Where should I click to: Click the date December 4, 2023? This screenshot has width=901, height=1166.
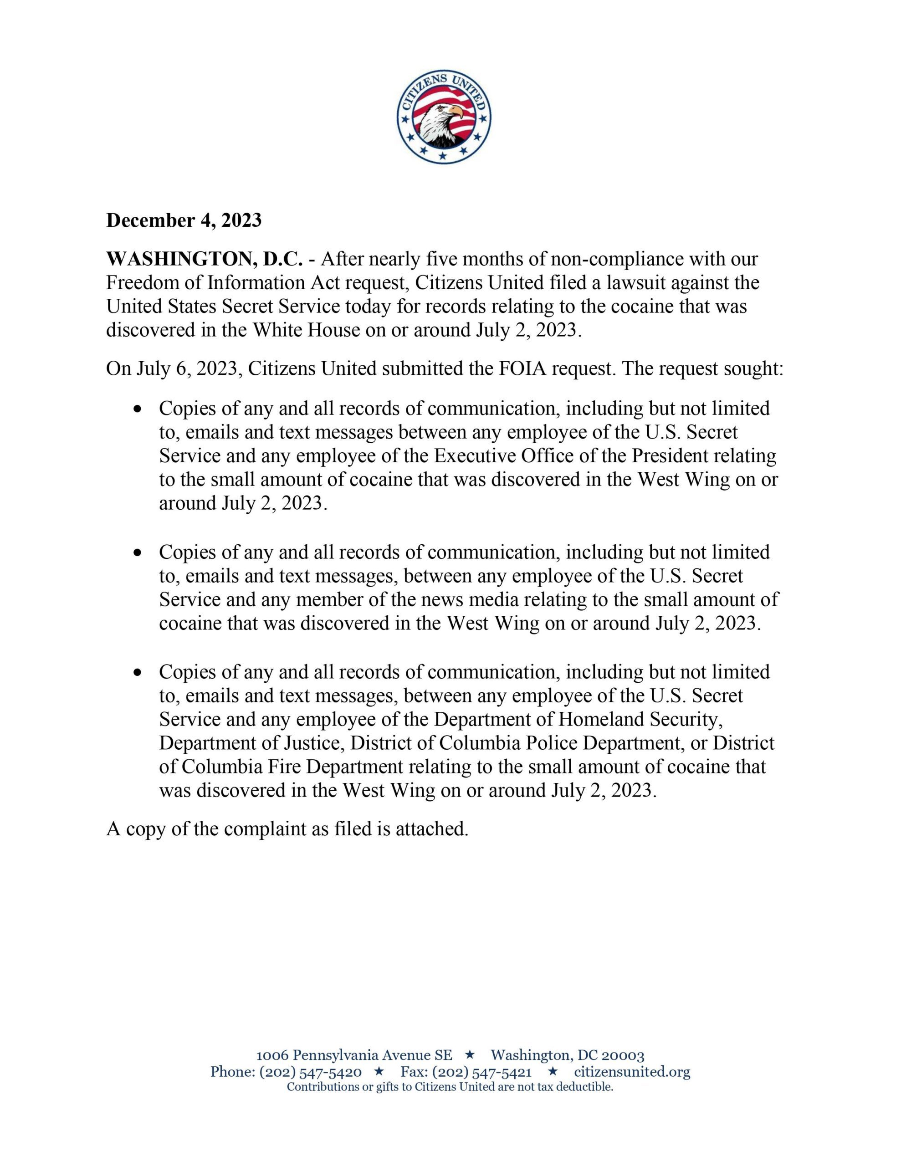click(x=184, y=220)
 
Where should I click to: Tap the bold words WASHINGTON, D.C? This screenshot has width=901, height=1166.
click(x=205, y=260)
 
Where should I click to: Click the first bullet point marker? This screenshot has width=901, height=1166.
click(x=138, y=409)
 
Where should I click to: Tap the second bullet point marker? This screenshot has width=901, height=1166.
click(x=138, y=553)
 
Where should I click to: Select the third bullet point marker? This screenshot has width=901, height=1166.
click(x=138, y=673)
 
